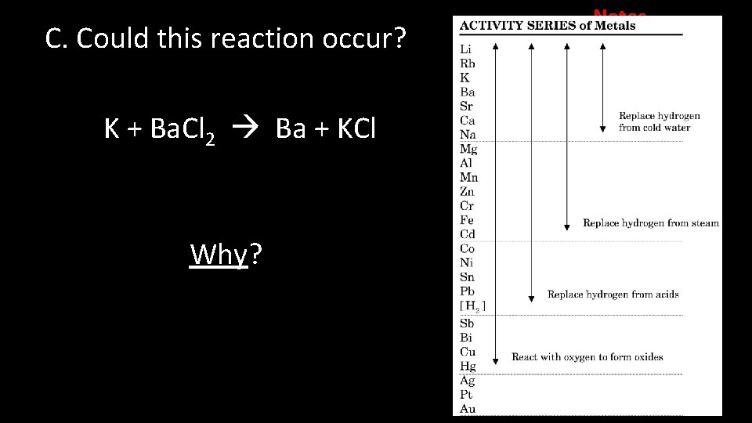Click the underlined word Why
pos(219,255)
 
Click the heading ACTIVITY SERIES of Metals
pos(547,25)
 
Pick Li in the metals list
pos(465,49)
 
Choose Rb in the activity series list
pos(467,63)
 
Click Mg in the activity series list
pos(468,149)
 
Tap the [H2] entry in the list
pos(472,305)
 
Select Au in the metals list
pos(468,408)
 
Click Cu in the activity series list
pos(468,352)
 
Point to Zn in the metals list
pos(468,191)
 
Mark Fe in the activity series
pos(467,220)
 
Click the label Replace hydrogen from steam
pos(650,223)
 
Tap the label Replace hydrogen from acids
pos(613,295)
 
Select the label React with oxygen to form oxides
pos(587,357)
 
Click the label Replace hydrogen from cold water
pos(659,121)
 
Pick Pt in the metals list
pos(467,394)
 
